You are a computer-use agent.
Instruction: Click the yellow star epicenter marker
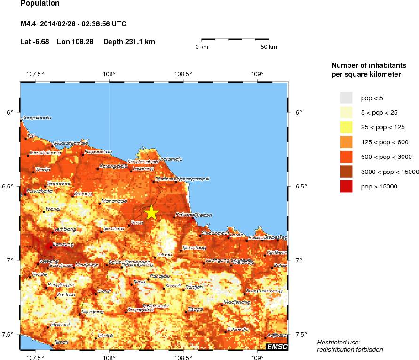(151, 212)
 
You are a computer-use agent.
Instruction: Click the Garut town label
(104, 291)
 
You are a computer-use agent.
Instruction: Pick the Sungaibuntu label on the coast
(37, 117)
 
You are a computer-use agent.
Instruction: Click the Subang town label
(83, 193)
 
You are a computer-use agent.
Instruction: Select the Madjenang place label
(237, 302)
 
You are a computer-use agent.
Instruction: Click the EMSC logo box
(277, 347)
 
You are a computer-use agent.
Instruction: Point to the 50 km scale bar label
(269, 47)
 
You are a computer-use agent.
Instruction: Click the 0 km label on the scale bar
(202, 47)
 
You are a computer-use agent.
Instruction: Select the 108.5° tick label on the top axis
(183, 74)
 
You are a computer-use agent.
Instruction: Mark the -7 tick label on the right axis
(297, 260)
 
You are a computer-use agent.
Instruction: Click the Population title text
(40, 4)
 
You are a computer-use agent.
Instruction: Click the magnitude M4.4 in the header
(28, 24)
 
